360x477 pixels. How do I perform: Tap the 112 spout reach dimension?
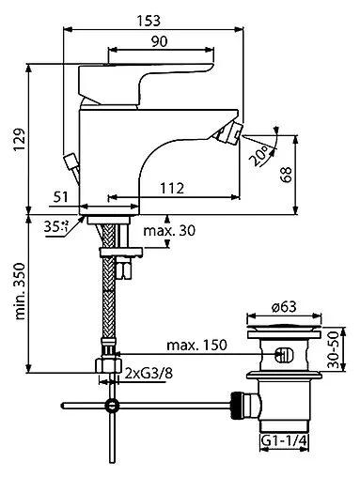172,189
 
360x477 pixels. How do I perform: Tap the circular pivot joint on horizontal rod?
114,406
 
